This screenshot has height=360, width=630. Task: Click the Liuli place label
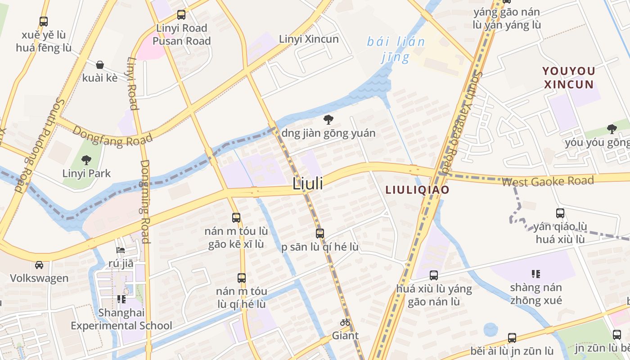coord(308,184)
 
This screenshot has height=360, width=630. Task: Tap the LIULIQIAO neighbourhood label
coord(417,190)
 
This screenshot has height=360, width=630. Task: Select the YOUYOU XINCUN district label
coord(569,77)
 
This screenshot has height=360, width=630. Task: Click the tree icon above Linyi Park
coord(86,160)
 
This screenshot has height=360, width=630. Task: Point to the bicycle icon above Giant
coord(345,322)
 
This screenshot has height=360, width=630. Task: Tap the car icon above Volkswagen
coord(39,265)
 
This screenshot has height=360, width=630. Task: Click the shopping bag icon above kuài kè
coord(100,65)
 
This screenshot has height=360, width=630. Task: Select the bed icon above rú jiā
coord(121,250)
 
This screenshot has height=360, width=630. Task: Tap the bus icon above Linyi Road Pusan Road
coord(181,15)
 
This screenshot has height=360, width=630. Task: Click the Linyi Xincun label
coord(309,39)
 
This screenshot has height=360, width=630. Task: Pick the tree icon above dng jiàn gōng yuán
coord(328,120)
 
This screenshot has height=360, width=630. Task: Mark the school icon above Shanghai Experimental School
coord(121,299)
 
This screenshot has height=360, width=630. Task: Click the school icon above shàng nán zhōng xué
coord(535,274)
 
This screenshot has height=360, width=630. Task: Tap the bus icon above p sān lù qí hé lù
coord(320,234)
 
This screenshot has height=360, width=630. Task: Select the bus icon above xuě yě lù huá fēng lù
coord(44,21)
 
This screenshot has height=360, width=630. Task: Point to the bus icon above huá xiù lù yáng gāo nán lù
coord(434,275)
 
